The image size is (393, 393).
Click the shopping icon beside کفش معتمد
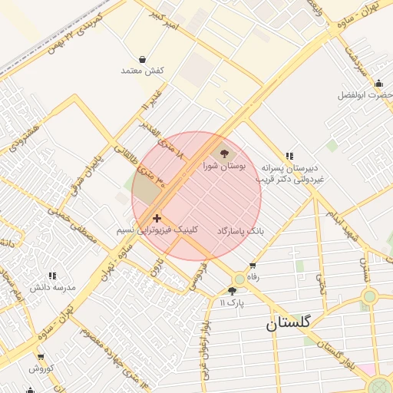coord(143,59)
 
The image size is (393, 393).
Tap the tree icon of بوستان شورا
coord(224,153)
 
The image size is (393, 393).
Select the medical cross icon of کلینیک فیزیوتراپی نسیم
coord(157,219)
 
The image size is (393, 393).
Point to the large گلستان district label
coord(289,323)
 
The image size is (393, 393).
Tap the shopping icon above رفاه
coord(253,266)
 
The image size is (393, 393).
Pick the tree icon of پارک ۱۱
coord(232,291)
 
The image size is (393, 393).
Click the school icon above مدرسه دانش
coord(52,275)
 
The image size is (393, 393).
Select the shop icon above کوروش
coord(40,357)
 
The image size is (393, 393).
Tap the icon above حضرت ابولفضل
coord(378,84)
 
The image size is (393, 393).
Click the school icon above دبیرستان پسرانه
coord(289,155)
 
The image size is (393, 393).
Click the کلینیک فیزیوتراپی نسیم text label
coord(157,230)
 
